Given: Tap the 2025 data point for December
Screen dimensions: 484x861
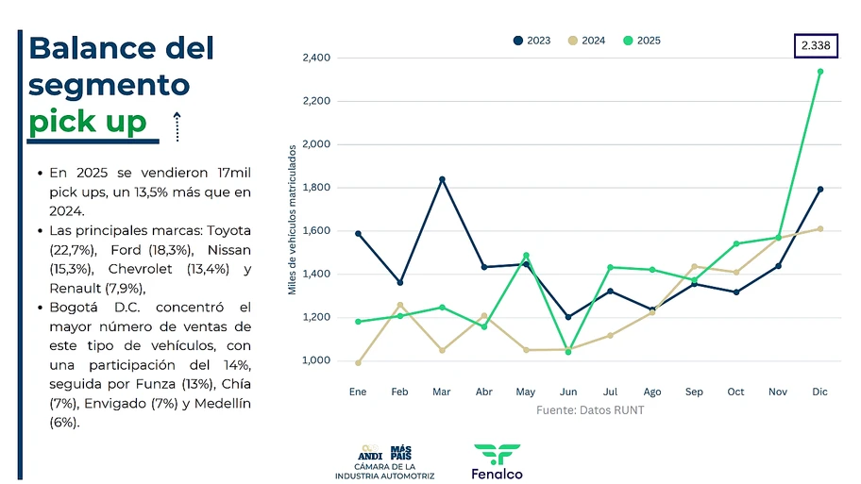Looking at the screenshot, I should pos(819,72).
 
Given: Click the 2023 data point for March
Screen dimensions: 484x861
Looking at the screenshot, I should pos(442,179).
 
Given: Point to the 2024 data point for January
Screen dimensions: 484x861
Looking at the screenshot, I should pos(358,362).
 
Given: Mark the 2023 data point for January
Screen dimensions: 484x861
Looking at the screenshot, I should pos(358,233).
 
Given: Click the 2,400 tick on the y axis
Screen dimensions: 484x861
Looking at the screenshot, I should pos(316,58).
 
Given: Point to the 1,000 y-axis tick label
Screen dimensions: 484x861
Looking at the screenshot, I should pos(316,361).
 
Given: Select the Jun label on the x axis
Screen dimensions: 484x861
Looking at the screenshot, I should pos(568,392).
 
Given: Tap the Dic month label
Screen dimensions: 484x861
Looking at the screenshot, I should pos(819,392).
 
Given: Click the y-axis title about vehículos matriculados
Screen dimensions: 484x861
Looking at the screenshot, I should pos(293,219).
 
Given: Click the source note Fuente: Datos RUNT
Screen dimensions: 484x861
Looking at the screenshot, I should pos(590,410).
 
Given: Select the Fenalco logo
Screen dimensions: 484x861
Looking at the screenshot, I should pos(498,461).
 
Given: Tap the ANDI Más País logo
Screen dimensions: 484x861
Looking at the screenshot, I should pos(384,461).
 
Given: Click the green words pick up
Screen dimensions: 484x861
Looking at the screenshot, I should pos(88,122).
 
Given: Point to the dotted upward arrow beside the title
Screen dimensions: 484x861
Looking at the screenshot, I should pos(177,125).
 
